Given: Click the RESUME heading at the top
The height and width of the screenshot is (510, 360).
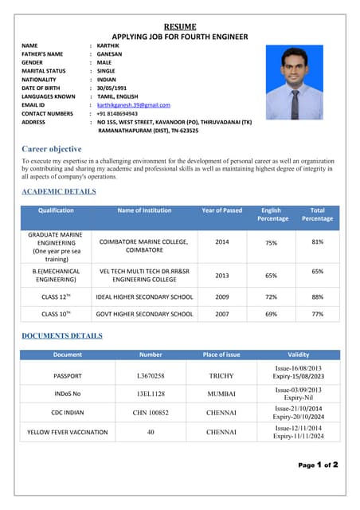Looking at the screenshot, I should point(180,26).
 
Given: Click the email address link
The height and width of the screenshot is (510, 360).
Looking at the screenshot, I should point(134,104).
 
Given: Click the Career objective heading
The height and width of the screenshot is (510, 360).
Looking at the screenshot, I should point(51,149).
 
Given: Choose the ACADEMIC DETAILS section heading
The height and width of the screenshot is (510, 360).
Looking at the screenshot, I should point(58,192).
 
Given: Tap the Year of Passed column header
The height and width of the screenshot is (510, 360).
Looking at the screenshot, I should point(221,210).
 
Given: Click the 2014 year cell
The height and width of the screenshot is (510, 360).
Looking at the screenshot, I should point(222,241).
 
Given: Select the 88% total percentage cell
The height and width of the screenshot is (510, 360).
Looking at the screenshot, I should point(317,296).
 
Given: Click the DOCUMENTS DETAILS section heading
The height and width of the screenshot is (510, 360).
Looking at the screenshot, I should point(62,335).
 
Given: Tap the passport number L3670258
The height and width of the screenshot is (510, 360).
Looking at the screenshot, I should point(151,375).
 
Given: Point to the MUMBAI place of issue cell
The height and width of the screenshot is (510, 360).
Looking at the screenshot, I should point(221,394).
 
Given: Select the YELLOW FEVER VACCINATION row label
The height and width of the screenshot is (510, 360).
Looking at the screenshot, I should point(68,432).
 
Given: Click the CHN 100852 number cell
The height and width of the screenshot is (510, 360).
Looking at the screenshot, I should point(151,413).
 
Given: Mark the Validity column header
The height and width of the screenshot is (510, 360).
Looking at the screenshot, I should point(298,355).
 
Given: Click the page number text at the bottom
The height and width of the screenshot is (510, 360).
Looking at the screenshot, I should point(318,464).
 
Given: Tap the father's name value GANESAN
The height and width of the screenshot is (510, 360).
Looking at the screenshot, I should point(112,53).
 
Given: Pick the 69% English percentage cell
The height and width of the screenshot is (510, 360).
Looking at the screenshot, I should point(271,314).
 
